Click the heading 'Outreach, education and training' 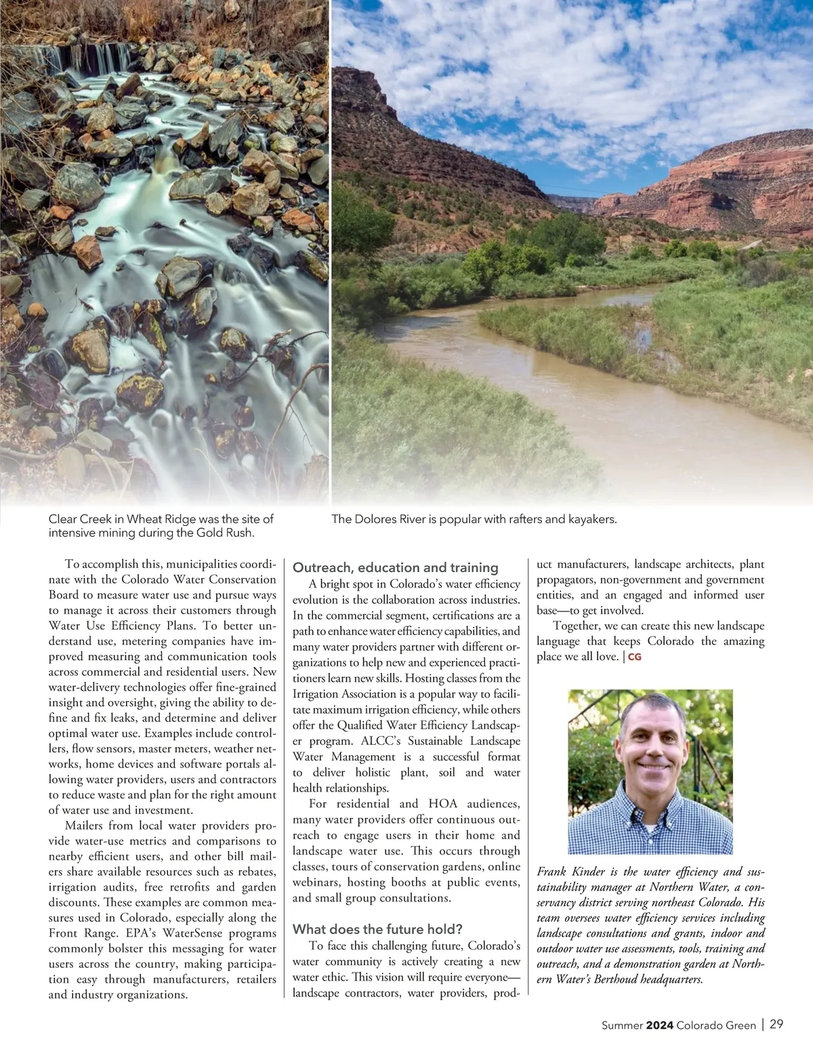(395, 568)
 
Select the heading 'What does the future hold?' (377, 929)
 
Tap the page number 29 (776, 1024)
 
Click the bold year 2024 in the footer (659, 1025)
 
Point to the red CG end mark (635, 657)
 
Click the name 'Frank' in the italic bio (551, 872)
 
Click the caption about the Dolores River (474, 519)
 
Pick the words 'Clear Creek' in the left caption (77, 519)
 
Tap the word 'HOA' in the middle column (442, 804)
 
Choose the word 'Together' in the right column (575, 626)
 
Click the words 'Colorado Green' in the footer (715, 1025)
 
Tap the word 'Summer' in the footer (621, 1025)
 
